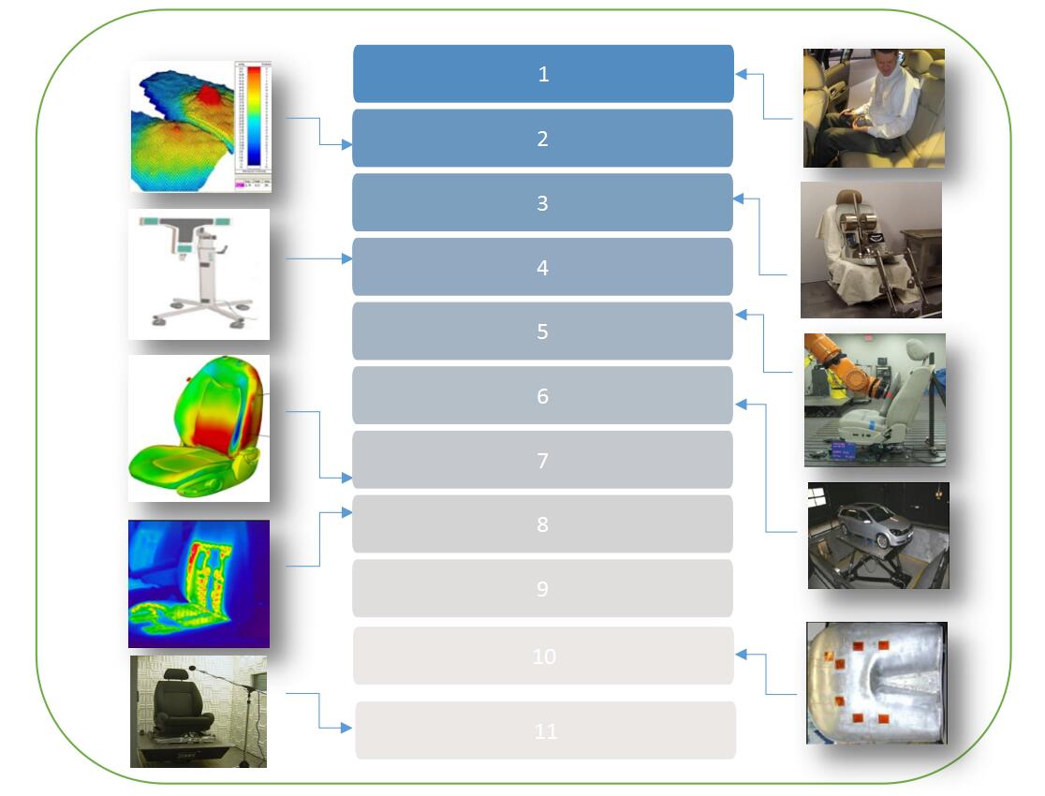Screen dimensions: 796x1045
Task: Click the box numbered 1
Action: click(x=543, y=74)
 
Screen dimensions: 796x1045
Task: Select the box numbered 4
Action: click(x=542, y=267)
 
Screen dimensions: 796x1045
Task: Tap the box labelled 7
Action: click(x=542, y=460)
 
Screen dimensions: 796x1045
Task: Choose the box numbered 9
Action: click(x=542, y=589)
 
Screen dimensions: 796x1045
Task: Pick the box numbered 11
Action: click(x=545, y=730)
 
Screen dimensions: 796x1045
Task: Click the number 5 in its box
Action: click(x=542, y=332)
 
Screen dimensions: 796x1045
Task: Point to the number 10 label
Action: click(x=544, y=656)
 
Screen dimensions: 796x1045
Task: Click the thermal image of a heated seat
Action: click(x=199, y=583)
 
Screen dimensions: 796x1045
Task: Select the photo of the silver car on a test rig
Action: click(x=878, y=535)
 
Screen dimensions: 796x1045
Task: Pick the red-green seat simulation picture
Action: click(x=199, y=428)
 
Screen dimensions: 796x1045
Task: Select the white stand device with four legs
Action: click(x=199, y=273)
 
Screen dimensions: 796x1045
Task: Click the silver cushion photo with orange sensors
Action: click(x=876, y=683)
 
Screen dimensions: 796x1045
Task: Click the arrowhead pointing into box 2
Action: click(x=347, y=145)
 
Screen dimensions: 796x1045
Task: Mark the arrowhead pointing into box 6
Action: click(x=740, y=405)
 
